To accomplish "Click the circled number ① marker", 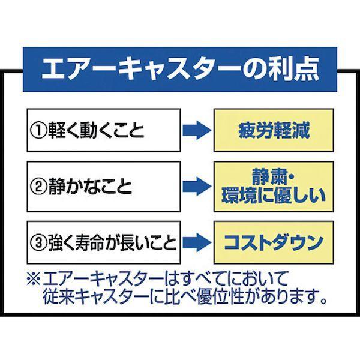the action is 38,131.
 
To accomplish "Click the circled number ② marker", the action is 38,187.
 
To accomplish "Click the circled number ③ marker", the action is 38,242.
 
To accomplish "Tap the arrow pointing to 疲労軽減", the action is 197,131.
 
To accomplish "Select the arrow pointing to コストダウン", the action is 197,242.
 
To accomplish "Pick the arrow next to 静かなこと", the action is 197,187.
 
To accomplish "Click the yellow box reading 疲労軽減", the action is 274,130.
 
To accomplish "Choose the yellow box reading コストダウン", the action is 274,242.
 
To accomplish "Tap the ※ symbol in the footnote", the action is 34,278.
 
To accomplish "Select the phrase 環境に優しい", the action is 273,196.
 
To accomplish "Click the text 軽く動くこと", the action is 96,131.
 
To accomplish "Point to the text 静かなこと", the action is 90,187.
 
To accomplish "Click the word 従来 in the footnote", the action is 58,296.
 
